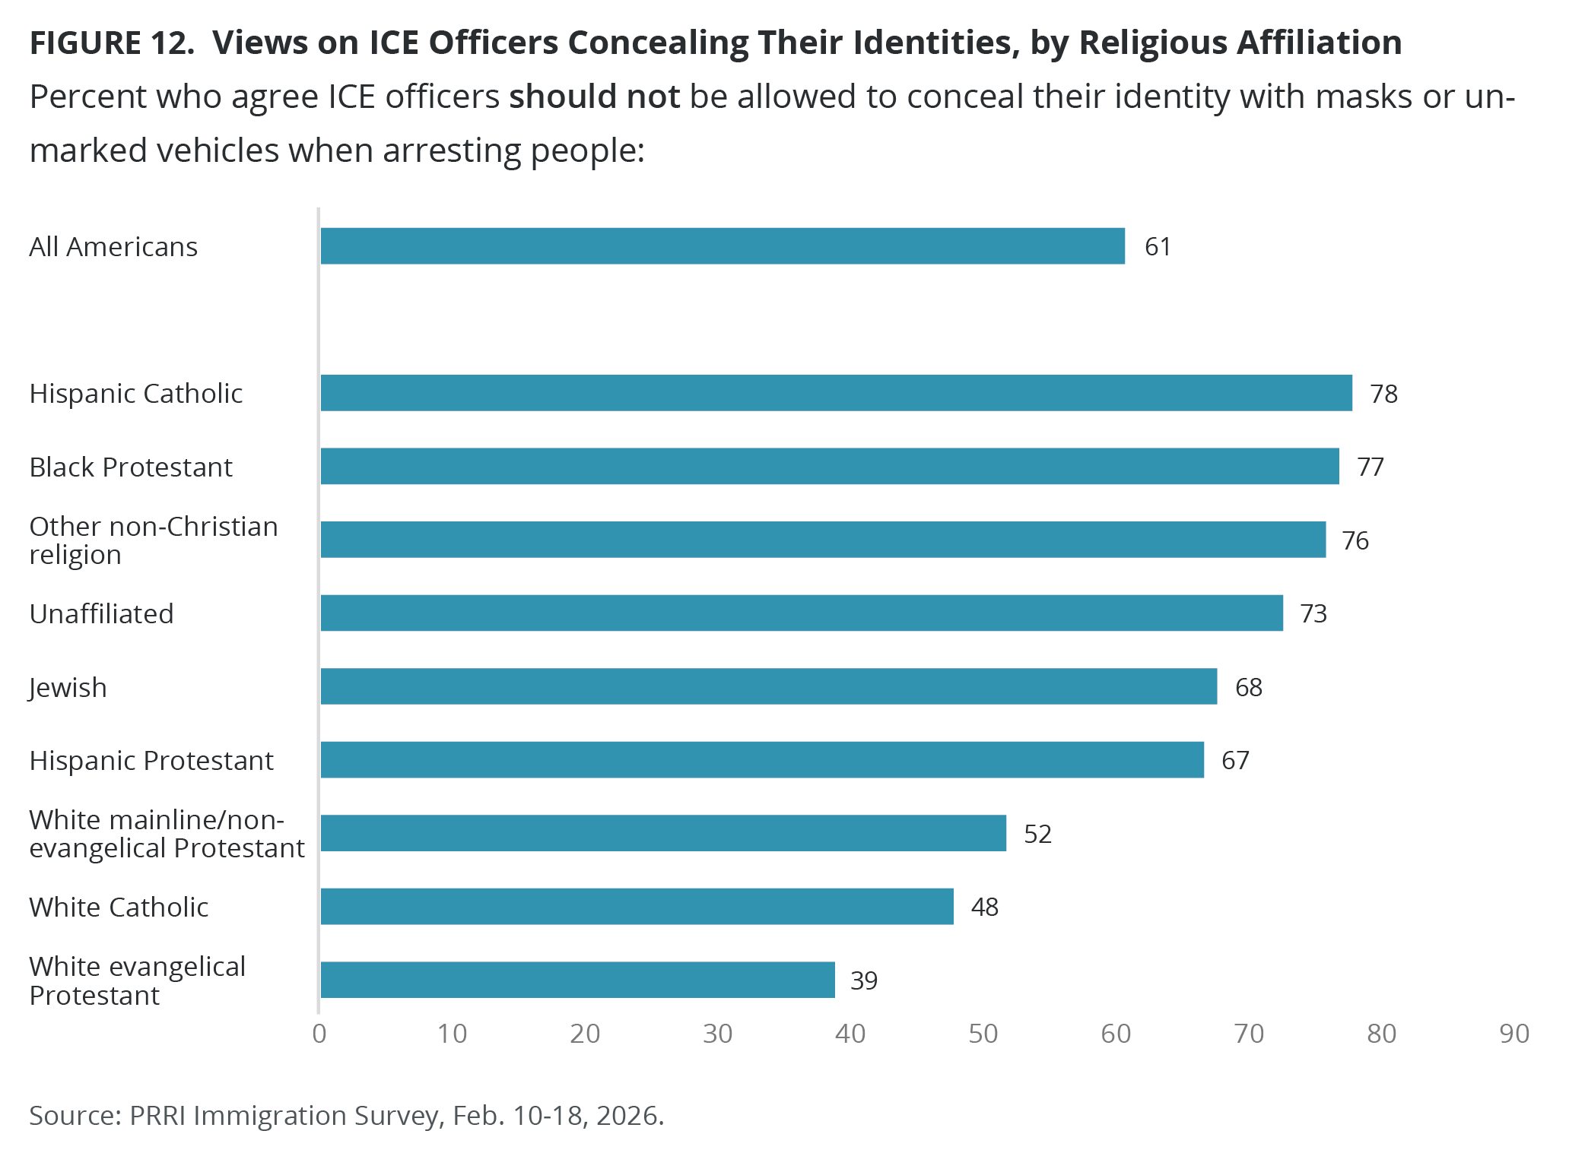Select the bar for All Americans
pyautogui.click(x=723, y=246)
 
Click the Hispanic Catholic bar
pyautogui.click(x=836, y=393)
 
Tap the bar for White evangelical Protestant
pyautogui.click(x=577, y=980)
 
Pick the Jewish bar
pyautogui.click(x=768, y=686)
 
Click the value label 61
pyautogui.click(x=1158, y=247)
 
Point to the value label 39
pyautogui.click(x=864, y=980)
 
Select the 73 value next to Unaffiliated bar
pyautogui.click(x=1313, y=613)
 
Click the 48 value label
pyautogui.click(x=985, y=907)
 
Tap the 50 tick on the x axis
pyautogui.click(x=983, y=1034)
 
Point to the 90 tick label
pyautogui.click(x=1513, y=1034)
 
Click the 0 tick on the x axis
pyautogui.click(x=319, y=1034)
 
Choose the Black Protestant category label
pyautogui.click(x=131, y=467)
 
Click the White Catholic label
pyautogui.click(x=119, y=907)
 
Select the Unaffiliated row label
pyautogui.click(x=101, y=613)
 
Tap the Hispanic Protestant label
pyautogui.click(x=151, y=760)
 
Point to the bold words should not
pyautogui.click(x=594, y=97)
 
